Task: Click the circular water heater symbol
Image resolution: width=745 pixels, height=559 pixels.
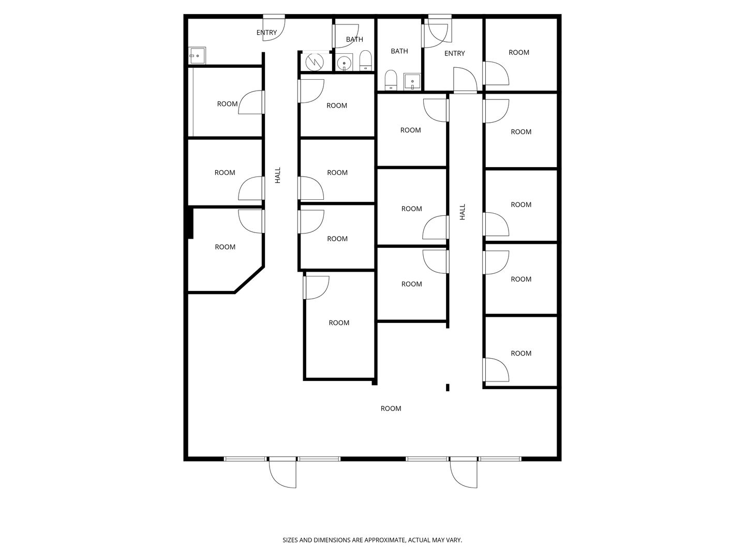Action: pos(315,62)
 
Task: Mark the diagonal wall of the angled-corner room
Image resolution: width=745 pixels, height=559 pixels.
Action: pos(249,279)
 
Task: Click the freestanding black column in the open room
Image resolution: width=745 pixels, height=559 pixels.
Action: pos(448,387)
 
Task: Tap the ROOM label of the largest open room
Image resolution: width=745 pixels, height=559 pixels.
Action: pos(391,408)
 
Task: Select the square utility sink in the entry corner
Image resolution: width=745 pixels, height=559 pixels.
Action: pos(197,55)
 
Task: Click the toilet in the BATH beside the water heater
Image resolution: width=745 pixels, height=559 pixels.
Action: pos(366,61)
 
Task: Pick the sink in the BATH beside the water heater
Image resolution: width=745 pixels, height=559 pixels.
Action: pos(344,62)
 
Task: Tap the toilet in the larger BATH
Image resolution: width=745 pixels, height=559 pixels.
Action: pos(391,80)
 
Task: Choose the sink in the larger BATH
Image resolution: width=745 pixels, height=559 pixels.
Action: pos(412,82)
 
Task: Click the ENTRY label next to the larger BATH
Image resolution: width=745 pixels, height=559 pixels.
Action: pos(454,53)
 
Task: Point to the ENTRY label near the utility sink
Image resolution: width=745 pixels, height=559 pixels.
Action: pos(266,33)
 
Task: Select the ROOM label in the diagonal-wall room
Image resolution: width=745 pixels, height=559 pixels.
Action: pos(225,247)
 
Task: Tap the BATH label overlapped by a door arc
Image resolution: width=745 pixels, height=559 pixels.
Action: pos(354,39)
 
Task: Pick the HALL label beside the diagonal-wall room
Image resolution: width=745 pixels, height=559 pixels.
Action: pos(278,175)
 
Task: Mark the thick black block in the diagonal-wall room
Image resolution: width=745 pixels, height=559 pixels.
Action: pos(190,223)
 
